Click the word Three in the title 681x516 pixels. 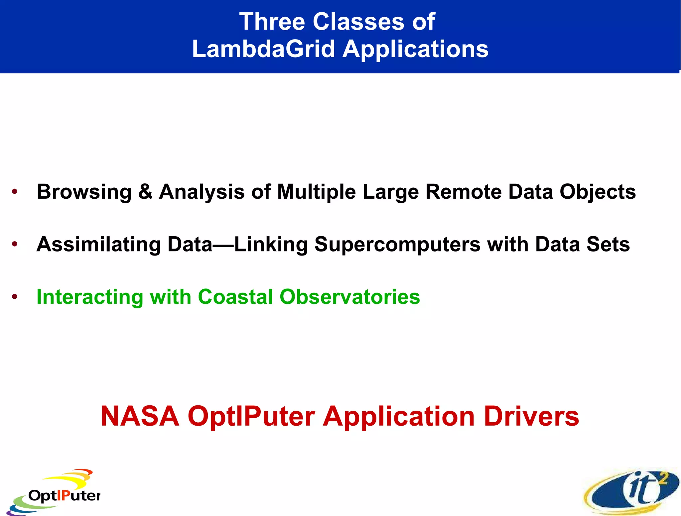pyautogui.click(x=272, y=22)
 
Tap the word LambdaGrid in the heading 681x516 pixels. pyautogui.click(x=263, y=49)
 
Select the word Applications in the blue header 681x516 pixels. pyautogui.click(x=415, y=49)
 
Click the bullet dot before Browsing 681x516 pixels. pyautogui.click(x=14, y=192)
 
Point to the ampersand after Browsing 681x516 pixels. pyautogui.click(x=145, y=192)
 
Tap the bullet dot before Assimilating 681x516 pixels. pyautogui.click(x=14, y=244)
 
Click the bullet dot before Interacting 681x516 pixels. pyautogui.click(x=14, y=296)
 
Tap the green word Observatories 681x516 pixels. pyautogui.click(x=349, y=296)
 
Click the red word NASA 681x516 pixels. pyautogui.click(x=140, y=416)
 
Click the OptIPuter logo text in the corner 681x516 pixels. pyautogui.click(x=64, y=496)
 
